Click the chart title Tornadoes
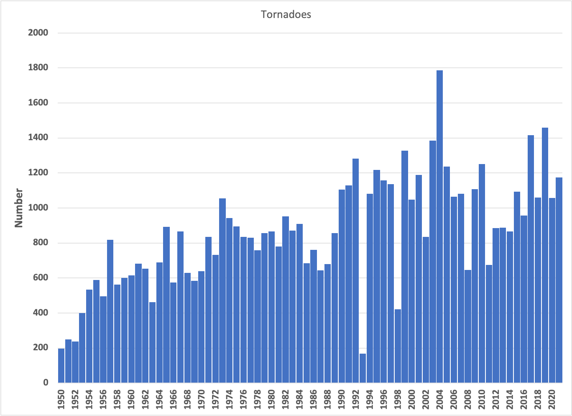[286, 15]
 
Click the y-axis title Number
[19, 208]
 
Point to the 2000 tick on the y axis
[38, 33]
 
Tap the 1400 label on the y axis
[38, 138]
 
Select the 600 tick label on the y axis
[40, 278]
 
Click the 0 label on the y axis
[45, 383]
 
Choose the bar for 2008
[468, 326]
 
